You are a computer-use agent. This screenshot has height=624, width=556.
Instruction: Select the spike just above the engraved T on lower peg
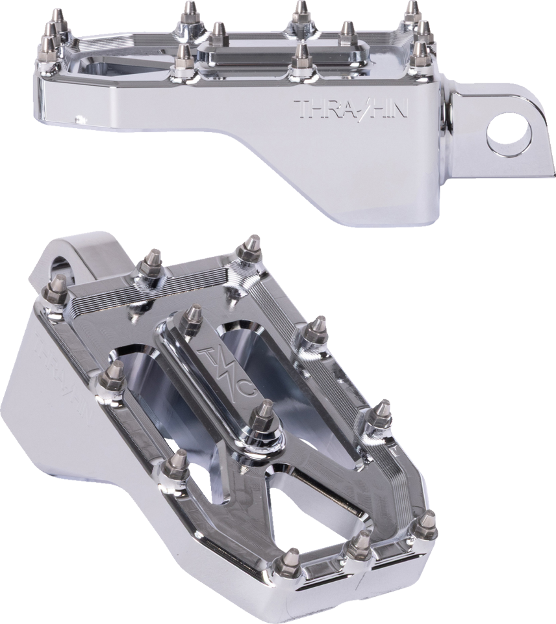click(191, 320)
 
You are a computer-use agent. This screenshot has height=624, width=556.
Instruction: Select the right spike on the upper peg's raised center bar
click(347, 32)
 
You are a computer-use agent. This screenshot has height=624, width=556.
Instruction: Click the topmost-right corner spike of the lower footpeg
click(249, 249)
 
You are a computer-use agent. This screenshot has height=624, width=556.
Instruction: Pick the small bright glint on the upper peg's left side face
click(81, 118)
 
